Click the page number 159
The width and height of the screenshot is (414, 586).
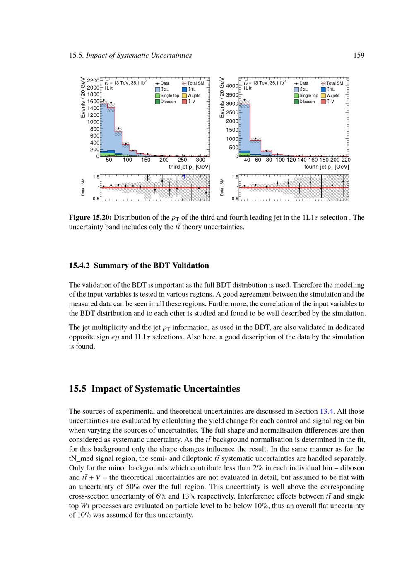tap(359, 56)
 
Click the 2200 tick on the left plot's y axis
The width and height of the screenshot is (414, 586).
tap(93, 81)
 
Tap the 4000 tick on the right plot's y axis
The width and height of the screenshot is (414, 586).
tap(232, 86)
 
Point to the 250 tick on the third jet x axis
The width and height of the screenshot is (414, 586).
tap(182, 160)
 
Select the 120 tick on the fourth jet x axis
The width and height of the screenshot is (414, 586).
tap(291, 160)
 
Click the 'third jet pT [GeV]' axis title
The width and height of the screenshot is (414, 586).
tap(189, 167)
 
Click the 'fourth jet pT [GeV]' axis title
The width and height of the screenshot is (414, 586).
tap(327, 167)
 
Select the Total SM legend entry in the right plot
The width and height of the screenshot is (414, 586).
tap(334, 83)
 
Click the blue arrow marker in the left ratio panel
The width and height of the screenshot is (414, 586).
tap(184, 176)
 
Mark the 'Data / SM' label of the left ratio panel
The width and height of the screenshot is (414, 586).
tap(83, 188)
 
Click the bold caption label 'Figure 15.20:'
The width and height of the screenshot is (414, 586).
tap(90, 218)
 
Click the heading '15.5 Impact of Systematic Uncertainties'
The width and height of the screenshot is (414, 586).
tap(154, 389)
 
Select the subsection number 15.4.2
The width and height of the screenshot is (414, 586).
tap(80, 266)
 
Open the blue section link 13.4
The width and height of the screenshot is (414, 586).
tap(326, 412)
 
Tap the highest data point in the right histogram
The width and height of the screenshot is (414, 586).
tap(244, 100)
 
